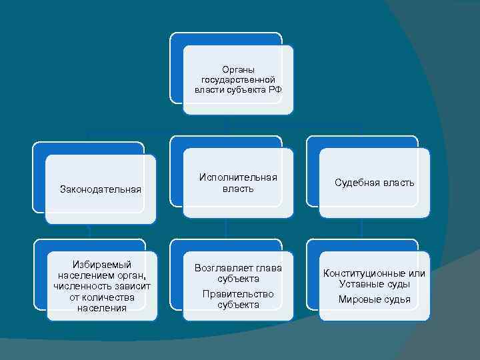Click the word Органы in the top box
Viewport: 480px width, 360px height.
238,69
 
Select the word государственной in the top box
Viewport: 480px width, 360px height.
238,79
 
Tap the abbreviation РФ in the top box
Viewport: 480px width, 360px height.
275,89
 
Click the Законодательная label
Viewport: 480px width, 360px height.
101,189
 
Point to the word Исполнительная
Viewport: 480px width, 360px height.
238,177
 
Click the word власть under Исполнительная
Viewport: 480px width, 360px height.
238,189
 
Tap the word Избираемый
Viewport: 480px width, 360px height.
101,265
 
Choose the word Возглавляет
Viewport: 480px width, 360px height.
221,268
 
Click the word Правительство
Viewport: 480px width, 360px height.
238,293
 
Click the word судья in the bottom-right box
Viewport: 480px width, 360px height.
397,299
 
